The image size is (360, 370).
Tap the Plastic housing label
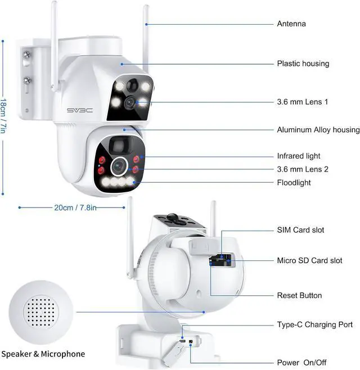click(303, 64)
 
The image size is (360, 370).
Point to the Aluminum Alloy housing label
click(318, 130)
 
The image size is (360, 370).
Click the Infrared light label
click(299, 156)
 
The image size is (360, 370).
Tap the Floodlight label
click(294, 183)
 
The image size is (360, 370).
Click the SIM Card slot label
click(300, 230)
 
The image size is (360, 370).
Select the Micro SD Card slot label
click(309, 261)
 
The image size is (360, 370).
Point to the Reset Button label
click(299, 295)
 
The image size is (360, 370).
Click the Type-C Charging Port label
click(314, 324)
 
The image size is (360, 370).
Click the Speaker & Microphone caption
click(43, 354)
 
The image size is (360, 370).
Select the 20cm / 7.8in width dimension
click(75, 207)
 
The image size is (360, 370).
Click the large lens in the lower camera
click(119, 166)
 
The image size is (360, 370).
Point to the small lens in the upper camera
click(130, 102)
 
